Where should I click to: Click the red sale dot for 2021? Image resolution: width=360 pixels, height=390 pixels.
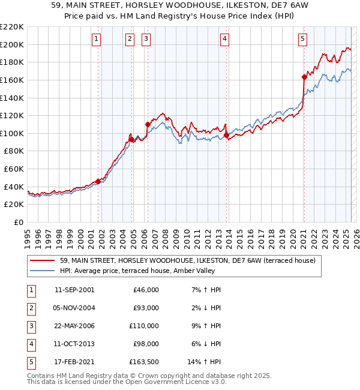click(x=304, y=77)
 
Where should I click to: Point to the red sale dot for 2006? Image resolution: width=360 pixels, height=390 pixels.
click(x=148, y=124)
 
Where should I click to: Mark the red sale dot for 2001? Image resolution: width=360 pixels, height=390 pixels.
click(x=98, y=181)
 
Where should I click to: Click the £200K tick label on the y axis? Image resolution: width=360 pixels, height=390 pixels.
click(x=11, y=44)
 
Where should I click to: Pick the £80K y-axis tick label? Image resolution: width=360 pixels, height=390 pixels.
click(x=13, y=151)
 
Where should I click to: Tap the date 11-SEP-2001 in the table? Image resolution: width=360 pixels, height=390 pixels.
click(x=74, y=290)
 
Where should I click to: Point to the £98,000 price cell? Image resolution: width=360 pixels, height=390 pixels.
click(x=145, y=344)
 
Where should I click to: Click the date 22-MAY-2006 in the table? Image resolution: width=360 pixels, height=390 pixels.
click(x=74, y=326)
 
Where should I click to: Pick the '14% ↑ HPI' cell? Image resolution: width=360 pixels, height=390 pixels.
click(x=205, y=362)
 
